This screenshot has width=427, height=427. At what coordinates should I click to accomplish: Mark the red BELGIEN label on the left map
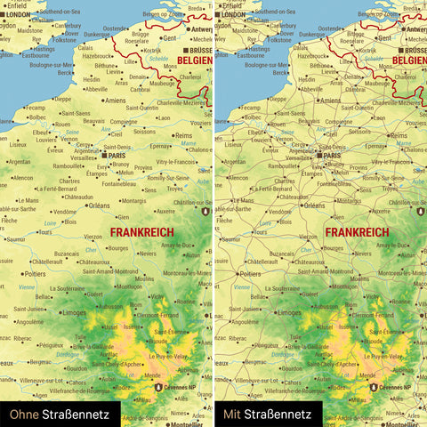(x=194, y=60)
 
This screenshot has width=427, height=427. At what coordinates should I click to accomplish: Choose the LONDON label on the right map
(x=232, y=15)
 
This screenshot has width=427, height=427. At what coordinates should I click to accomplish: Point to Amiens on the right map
(x=330, y=101)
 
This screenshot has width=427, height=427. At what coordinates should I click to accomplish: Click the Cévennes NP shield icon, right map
(x=374, y=388)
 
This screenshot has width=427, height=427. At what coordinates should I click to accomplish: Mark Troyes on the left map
(x=175, y=188)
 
